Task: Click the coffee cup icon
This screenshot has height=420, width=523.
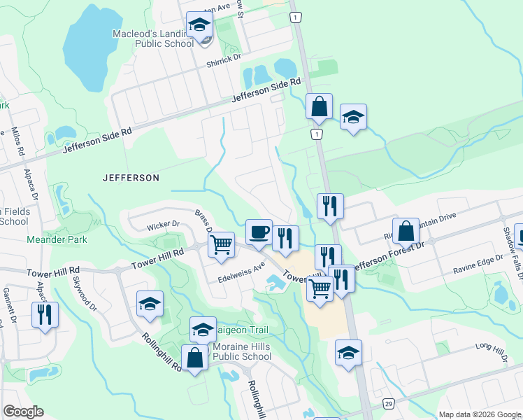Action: point(259,232)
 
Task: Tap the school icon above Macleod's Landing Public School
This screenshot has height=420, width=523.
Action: point(199,25)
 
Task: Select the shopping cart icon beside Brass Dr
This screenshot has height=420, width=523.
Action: point(221,245)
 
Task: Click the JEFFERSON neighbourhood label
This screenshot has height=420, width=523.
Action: point(131,178)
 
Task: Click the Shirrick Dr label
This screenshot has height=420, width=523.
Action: point(223,62)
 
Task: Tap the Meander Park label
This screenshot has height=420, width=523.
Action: point(57,239)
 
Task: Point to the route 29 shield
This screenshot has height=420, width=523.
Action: point(389,404)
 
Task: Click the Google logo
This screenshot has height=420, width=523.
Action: point(23,412)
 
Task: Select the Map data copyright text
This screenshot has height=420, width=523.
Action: point(479,414)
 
